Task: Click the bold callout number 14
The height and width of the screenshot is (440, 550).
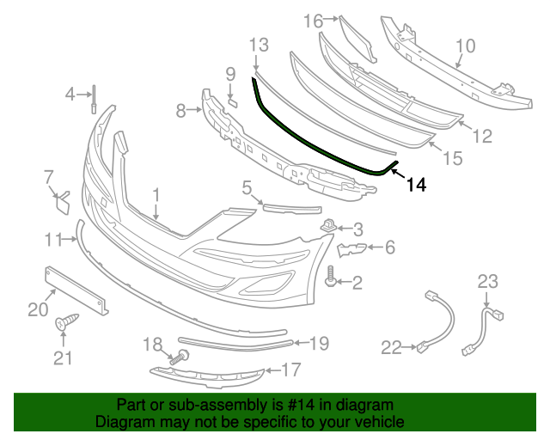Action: [x=416, y=184]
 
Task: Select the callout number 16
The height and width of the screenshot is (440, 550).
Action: [x=312, y=20]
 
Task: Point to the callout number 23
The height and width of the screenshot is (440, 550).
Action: [x=487, y=281]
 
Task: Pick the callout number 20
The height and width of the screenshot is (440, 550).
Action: [x=37, y=309]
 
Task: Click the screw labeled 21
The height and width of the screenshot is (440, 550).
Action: [x=64, y=324]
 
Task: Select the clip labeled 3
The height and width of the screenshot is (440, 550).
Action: [x=329, y=227]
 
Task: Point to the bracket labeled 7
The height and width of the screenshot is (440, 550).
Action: [x=63, y=204]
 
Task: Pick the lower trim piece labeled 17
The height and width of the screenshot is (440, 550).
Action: [x=206, y=375]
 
